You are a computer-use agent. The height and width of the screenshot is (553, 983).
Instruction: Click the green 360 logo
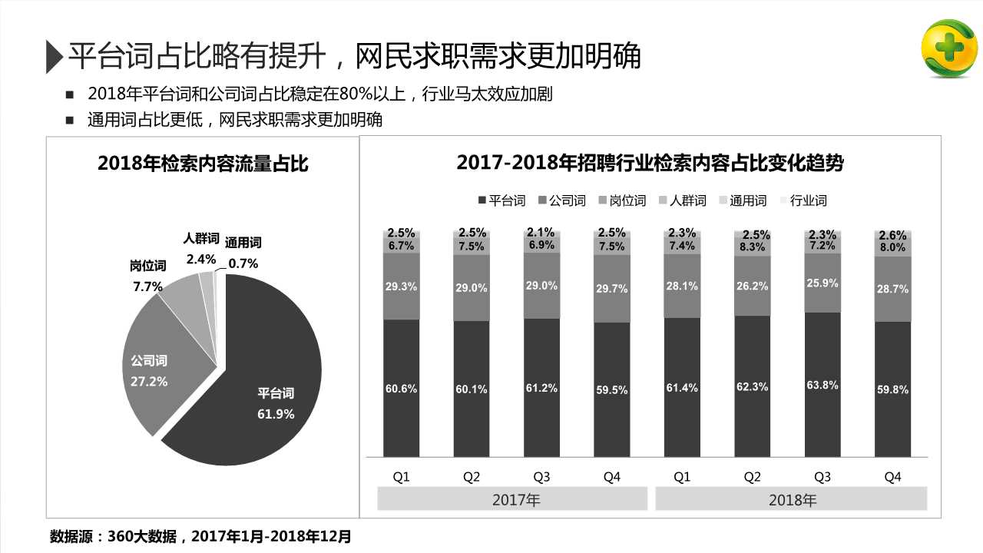pyautogui.click(x=948, y=48)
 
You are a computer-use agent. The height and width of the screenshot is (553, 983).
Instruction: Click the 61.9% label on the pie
pyautogui.click(x=276, y=414)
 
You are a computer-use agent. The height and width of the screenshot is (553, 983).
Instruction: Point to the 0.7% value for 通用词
pyautogui.click(x=243, y=263)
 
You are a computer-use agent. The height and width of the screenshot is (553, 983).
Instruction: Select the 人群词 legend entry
pyautogui.click(x=683, y=200)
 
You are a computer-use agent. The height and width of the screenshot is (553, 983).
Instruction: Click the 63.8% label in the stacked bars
pyautogui.click(x=822, y=385)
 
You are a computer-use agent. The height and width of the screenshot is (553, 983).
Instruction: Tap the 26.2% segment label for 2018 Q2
pyautogui.click(x=752, y=286)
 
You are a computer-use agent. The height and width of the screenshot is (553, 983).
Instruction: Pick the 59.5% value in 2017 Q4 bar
pyautogui.click(x=611, y=390)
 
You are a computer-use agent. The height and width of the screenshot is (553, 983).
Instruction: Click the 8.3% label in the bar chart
pyautogui.click(x=752, y=247)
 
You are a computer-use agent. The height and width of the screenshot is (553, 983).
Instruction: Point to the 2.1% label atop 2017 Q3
pyautogui.click(x=541, y=233)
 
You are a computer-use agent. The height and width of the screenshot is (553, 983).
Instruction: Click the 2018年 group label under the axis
pyautogui.click(x=793, y=500)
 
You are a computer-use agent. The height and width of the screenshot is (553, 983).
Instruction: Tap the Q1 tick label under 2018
pyautogui.click(x=682, y=477)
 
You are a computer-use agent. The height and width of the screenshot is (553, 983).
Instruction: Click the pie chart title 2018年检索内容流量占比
pyautogui.click(x=203, y=163)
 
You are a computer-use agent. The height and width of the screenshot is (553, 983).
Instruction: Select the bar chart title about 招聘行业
pyautogui.click(x=650, y=163)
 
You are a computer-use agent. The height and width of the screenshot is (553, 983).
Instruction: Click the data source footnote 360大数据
pyautogui.click(x=200, y=536)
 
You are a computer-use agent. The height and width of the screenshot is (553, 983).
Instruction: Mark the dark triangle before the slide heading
pyautogui.click(x=53, y=56)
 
